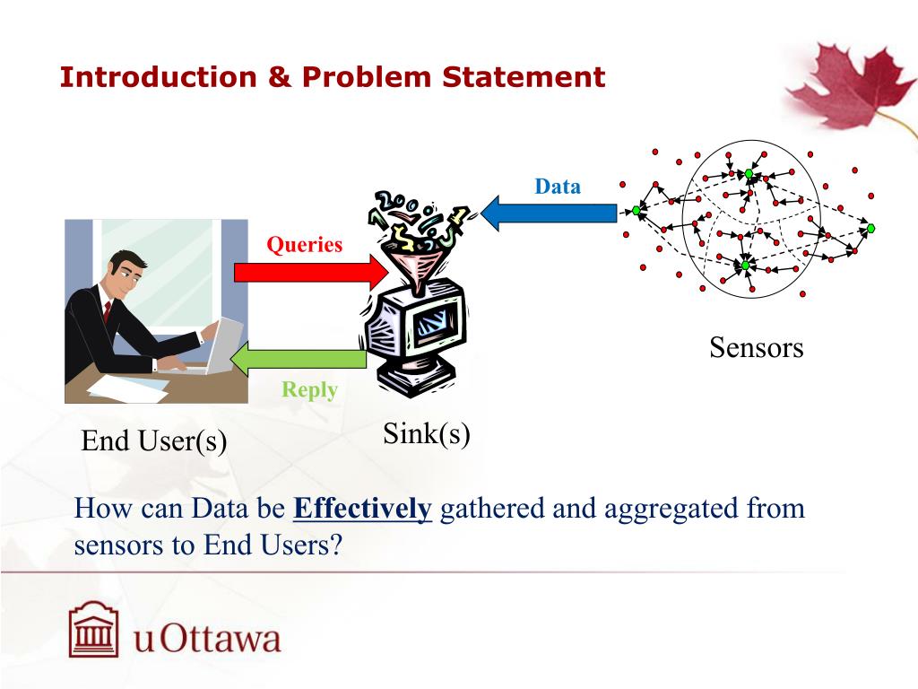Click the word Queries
click(x=305, y=244)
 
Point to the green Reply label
click(x=309, y=390)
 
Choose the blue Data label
click(x=558, y=187)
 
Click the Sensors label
click(x=757, y=347)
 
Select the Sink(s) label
click(x=427, y=434)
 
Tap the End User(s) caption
click(x=154, y=440)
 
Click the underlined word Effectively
click(x=363, y=510)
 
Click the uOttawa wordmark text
click(x=207, y=641)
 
